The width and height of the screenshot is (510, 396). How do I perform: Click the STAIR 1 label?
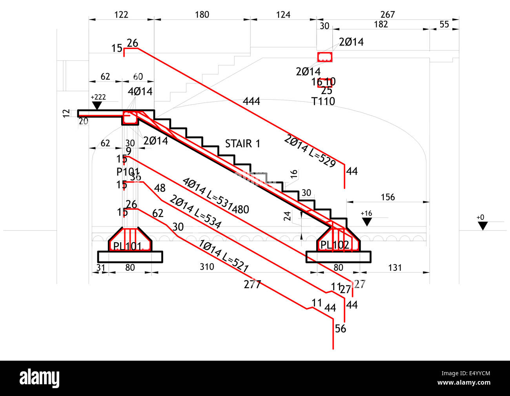click(x=242, y=144)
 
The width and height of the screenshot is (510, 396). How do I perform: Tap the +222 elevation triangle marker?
click(x=97, y=106)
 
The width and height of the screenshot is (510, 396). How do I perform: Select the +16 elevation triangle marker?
click(x=367, y=222)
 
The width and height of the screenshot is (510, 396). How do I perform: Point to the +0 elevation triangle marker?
click(x=483, y=226)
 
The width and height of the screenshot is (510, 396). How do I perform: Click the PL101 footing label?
click(x=127, y=246)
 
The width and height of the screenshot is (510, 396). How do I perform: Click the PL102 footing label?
click(x=335, y=245)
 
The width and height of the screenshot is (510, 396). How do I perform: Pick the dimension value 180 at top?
click(x=202, y=15)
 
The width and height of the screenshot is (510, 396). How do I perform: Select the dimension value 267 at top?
click(x=388, y=15)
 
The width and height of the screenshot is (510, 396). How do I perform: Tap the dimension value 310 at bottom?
click(x=207, y=267)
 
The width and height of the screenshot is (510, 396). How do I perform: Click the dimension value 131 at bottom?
click(x=395, y=267)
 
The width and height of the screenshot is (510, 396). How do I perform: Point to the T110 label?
click(x=323, y=101)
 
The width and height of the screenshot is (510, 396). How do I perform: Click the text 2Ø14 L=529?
click(x=310, y=151)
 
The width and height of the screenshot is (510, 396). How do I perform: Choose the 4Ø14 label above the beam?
click(x=140, y=91)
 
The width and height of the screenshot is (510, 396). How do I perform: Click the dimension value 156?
click(x=388, y=197)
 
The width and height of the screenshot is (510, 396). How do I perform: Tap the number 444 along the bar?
click(x=251, y=101)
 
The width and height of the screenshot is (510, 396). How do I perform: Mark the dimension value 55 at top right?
click(x=444, y=24)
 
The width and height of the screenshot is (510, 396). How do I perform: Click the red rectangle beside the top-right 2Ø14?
click(x=325, y=57)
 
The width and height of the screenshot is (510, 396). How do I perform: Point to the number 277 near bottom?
click(x=252, y=284)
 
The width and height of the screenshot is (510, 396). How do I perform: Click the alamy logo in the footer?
click(x=40, y=378)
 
